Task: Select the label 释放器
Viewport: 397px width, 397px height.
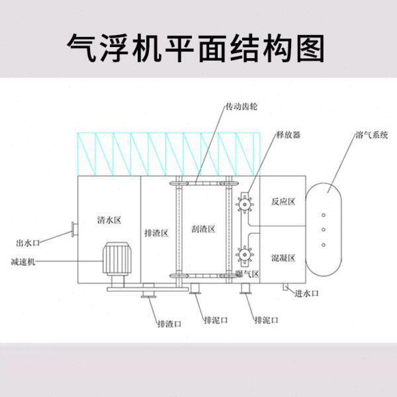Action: coord(288,134)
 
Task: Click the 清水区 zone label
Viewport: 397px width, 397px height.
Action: coord(107,218)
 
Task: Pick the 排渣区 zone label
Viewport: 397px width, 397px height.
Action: coord(157,233)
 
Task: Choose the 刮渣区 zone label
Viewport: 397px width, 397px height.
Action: coord(203,229)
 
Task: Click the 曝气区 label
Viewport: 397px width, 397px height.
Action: coord(247,273)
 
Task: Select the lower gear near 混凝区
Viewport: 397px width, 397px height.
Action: coord(243,255)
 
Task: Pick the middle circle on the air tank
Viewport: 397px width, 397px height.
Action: coord(324,230)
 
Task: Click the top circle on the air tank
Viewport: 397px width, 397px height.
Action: coord(324,215)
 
